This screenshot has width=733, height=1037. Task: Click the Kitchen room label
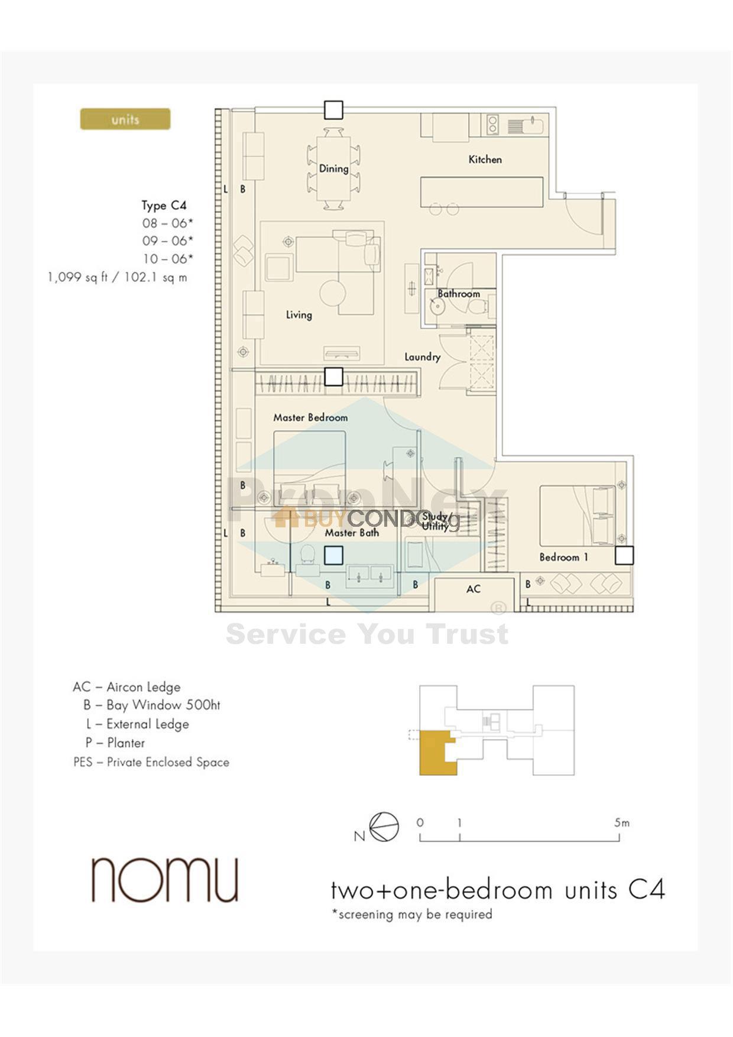485,159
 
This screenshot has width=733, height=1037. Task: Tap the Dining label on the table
333,168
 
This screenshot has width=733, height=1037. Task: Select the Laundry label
422,357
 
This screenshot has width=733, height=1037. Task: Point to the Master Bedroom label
310,417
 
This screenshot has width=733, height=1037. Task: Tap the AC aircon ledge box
473,589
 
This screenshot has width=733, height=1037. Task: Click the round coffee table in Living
333,292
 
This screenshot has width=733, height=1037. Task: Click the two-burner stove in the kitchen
492,125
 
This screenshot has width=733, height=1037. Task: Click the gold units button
125,119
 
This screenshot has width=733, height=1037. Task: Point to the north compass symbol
384,827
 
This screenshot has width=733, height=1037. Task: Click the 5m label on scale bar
621,822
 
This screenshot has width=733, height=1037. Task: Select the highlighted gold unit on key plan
436,753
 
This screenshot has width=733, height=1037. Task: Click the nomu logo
165,880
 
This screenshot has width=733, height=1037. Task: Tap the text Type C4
164,206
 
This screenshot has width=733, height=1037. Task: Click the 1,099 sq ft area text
117,277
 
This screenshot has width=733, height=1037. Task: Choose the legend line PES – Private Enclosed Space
151,762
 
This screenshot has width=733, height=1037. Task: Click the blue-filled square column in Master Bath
333,556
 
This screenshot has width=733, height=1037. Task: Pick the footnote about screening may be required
412,914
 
